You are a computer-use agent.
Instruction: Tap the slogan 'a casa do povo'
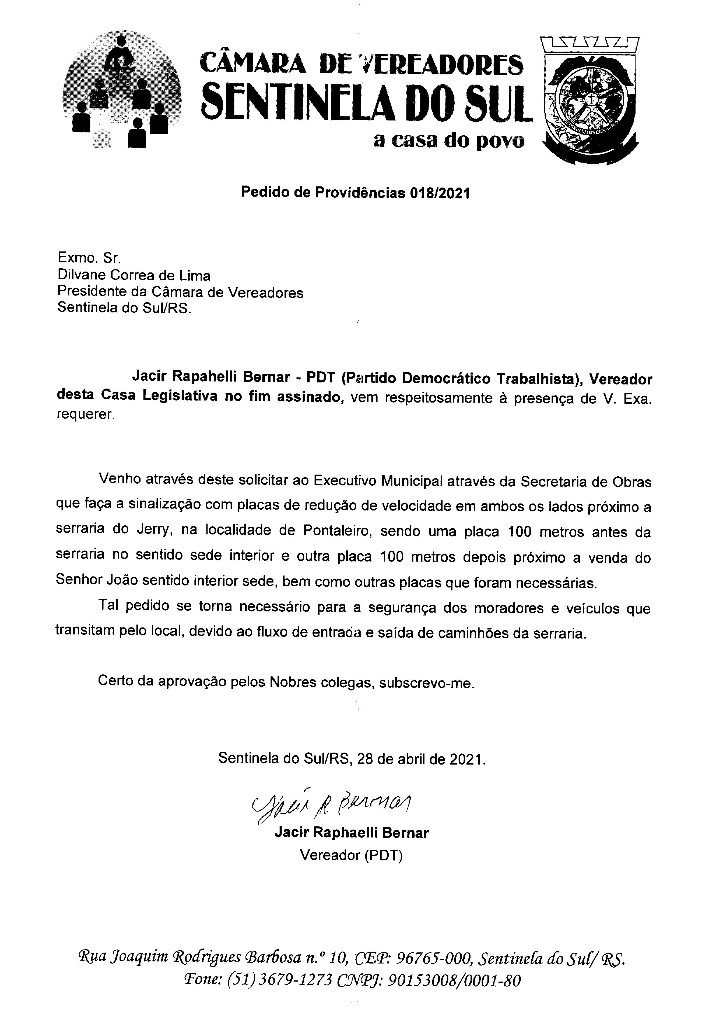449,141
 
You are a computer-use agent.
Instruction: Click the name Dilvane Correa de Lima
134,276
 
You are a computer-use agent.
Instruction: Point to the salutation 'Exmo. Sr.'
89,258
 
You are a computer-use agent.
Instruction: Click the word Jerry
148,530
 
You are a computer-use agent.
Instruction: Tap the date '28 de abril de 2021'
420,759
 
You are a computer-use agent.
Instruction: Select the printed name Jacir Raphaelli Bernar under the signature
352,832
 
